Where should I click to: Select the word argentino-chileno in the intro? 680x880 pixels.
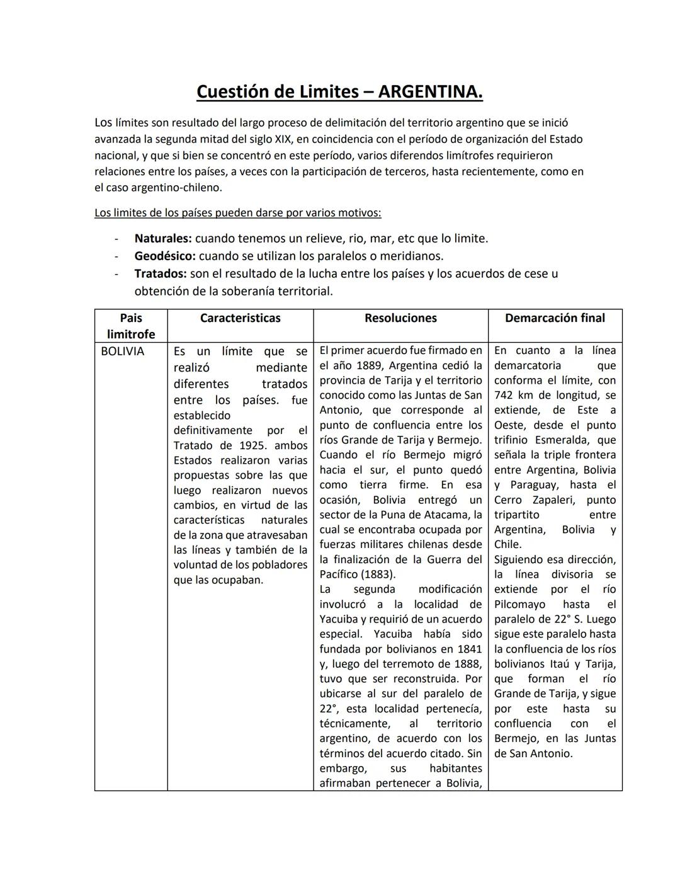[176, 188]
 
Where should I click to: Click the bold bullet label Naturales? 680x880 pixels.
[162, 239]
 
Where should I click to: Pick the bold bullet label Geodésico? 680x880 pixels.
[164, 256]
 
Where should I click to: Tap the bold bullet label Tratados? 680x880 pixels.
[160, 274]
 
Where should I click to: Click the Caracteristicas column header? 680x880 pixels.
[240, 318]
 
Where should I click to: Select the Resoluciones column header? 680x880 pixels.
[400, 318]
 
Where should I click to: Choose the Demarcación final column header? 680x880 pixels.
[555, 318]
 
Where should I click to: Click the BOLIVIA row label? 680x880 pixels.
[122, 351]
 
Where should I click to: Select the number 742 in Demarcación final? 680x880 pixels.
[506, 396]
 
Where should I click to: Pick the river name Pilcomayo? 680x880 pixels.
[521, 605]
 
